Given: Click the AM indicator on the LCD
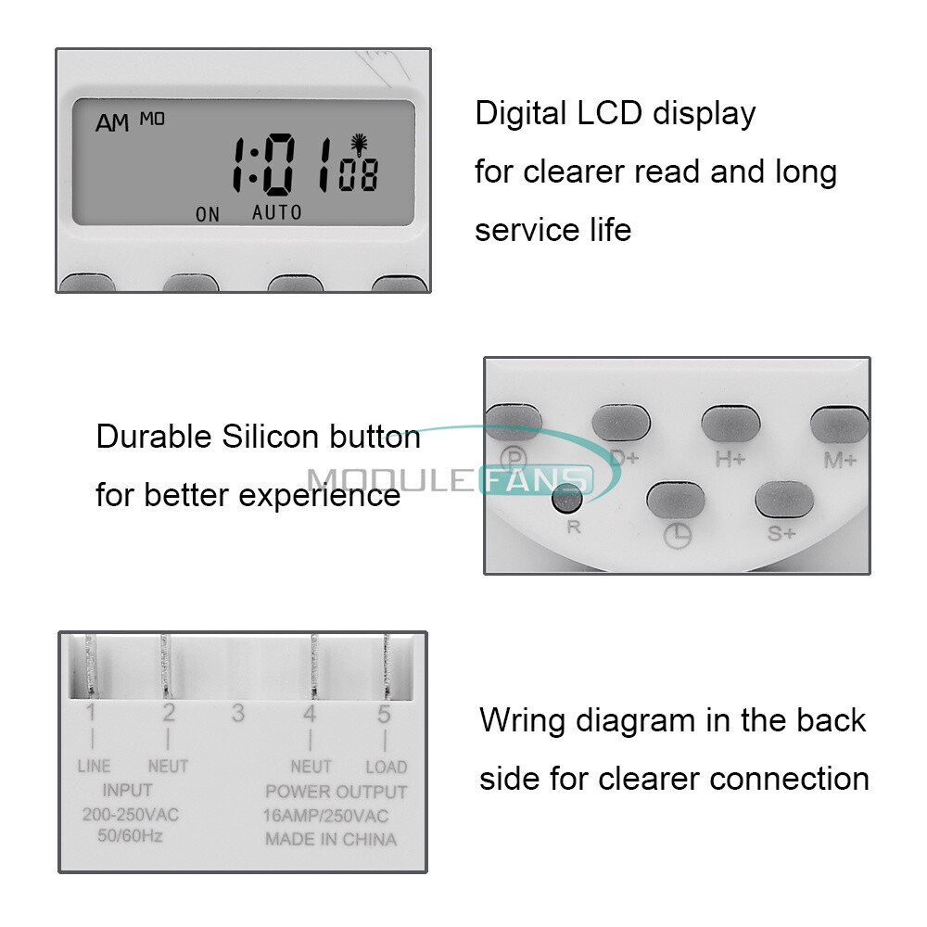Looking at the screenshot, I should coord(112,123).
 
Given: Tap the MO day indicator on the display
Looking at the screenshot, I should coord(152,118).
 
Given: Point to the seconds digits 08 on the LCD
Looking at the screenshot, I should coord(358,176).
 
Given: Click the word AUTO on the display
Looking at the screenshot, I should coord(277,213).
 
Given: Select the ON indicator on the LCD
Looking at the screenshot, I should coord(208,215).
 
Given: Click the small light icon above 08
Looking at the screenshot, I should coord(357,144).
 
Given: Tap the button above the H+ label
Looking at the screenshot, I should coord(730,423).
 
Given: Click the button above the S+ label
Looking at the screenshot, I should coord(784,500).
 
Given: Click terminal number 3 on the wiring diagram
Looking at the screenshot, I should coord(238,714).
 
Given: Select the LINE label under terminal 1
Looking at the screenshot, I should coord(94,767).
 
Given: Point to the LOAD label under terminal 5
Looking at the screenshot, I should coord(386,767).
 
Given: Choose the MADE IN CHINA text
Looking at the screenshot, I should coord(331,840).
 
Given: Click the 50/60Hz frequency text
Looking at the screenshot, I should coord(131,834).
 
